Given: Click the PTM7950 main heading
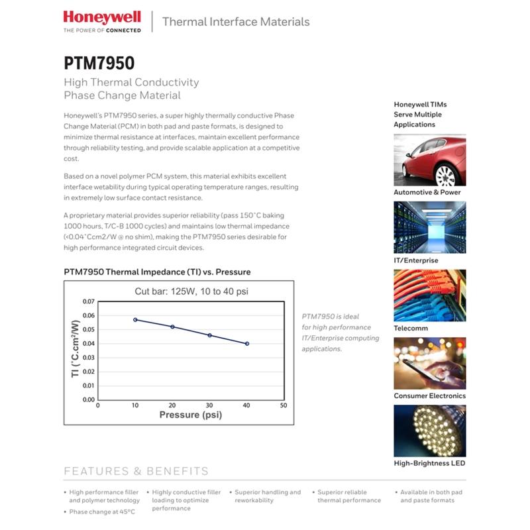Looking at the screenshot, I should click(x=99, y=63).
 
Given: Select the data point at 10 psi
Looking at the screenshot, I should click(x=135, y=319).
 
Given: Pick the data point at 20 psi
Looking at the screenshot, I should click(x=173, y=327).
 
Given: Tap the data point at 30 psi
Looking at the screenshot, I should click(x=210, y=335).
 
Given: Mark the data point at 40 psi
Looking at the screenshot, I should click(x=247, y=344).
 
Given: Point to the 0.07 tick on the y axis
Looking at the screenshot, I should click(x=88, y=301).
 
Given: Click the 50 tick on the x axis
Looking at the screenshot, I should click(x=284, y=405).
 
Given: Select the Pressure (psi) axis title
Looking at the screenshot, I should click(x=190, y=415).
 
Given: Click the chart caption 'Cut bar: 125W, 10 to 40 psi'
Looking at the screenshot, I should click(x=191, y=291).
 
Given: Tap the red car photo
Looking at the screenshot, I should click(x=429, y=160).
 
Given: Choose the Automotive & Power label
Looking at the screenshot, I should click(x=427, y=192).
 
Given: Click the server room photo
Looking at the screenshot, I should click(x=429, y=227).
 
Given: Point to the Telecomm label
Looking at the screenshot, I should click(x=411, y=328).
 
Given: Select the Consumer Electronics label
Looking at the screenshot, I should click(x=429, y=396).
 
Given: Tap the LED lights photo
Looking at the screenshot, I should click(x=429, y=431).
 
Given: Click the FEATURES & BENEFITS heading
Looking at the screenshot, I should click(x=136, y=472).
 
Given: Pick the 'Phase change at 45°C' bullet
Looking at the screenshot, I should click(x=103, y=512).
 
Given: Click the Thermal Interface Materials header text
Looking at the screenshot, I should click(x=236, y=22).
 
